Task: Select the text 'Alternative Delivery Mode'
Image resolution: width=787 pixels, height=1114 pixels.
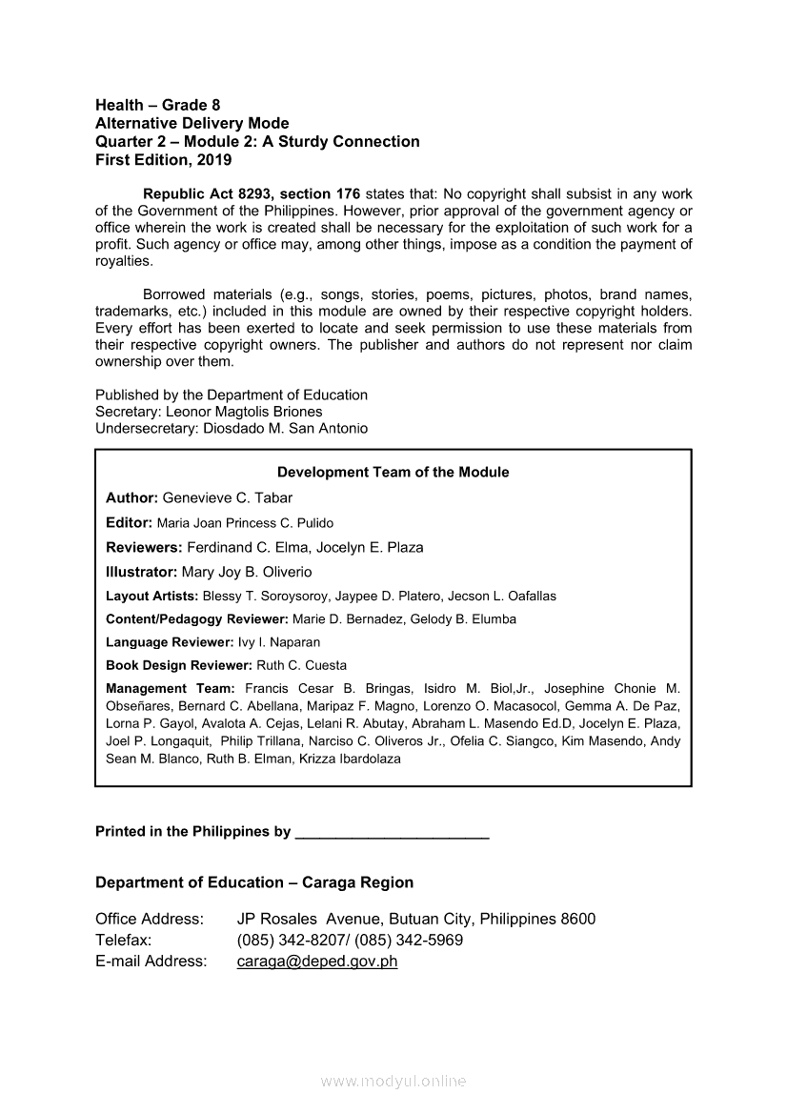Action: point(192,123)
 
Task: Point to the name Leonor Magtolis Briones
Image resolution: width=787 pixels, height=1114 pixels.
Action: point(244,412)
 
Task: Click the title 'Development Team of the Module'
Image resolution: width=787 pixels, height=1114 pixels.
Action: point(393,472)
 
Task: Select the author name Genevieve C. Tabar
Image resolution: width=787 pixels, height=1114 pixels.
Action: point(228,497)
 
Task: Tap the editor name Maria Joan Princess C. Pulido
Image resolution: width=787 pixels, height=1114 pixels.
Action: point(245,523)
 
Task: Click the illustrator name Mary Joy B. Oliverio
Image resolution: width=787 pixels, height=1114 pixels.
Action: point(247,572)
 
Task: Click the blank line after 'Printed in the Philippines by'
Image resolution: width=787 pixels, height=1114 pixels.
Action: point(393,833)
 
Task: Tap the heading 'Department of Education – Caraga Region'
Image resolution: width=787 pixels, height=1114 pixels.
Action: point(254,882)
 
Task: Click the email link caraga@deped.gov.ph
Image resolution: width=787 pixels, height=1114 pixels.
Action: point(316,961)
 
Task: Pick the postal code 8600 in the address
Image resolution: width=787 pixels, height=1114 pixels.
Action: point(577,919)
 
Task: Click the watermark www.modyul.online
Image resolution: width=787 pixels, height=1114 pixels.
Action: point(393,1082)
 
